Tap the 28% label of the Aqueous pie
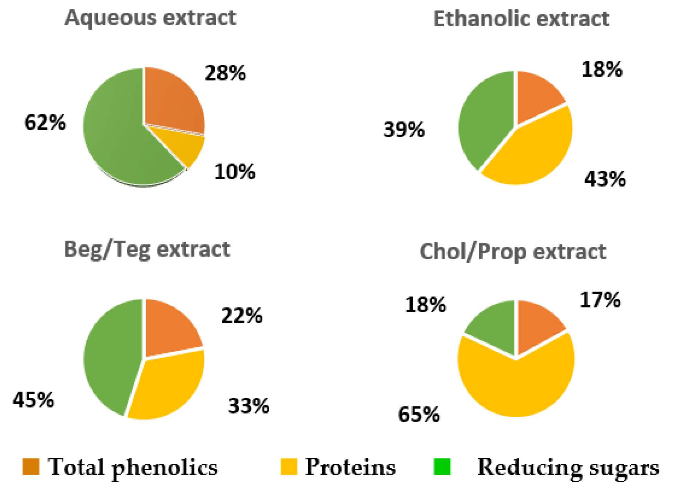(x=225, y=73)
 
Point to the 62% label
(x=45, y=123)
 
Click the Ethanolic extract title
(x=521, y=19)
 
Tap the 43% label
(x=605, y=179)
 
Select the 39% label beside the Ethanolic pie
(x=404, y=130)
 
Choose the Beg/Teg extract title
(x=147, y=249)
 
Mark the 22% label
(x=242, y=316)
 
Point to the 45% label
(x=34, y=400)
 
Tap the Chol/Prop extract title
(x=513, y=252)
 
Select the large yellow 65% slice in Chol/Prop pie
(x=516, y=384)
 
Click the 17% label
(x=600, y=300)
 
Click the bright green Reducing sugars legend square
(x=442, y=466)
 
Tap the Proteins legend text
(x=350, y=467)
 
